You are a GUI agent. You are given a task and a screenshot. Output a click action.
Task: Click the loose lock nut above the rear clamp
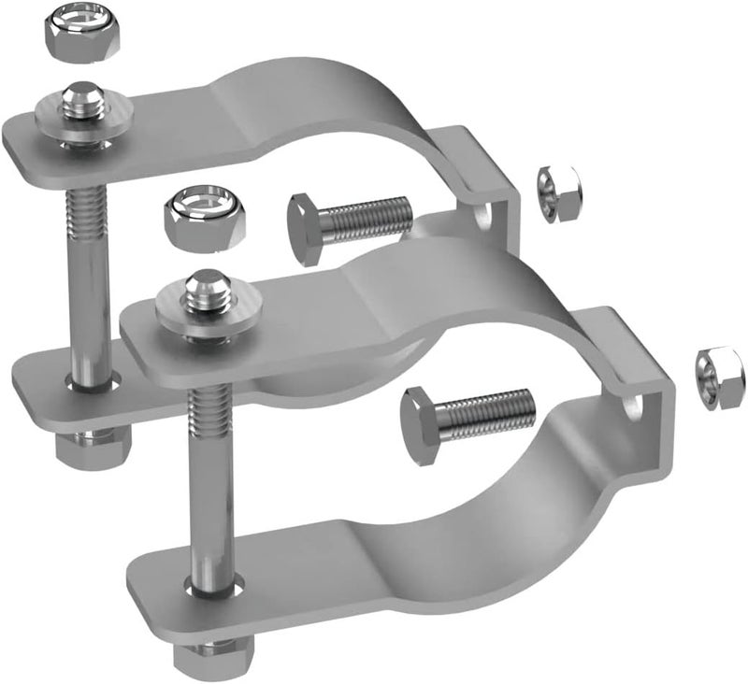(x=65, y=33)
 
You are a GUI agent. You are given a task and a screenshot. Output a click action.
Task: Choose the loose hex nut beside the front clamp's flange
(x=720, y=374)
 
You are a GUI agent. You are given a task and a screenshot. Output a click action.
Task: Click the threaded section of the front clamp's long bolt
(x=204, y=411)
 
